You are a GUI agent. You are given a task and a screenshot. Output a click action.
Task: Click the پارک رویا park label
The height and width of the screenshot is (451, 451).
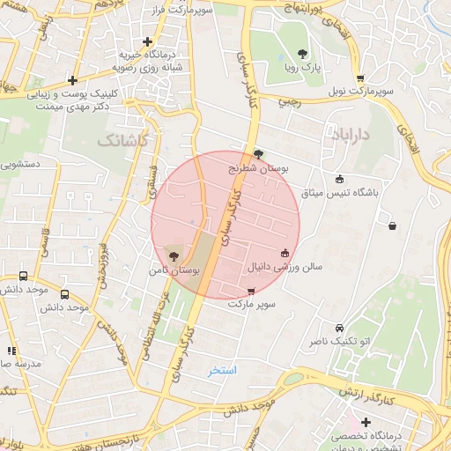306,66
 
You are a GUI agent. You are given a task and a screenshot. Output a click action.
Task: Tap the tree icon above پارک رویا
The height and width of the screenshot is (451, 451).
304,54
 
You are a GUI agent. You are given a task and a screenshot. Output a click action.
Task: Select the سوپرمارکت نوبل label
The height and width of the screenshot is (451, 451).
361,91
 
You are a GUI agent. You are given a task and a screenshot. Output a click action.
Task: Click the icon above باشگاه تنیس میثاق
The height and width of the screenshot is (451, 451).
340,179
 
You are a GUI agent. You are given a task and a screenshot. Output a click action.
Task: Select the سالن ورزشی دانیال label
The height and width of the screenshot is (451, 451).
284,265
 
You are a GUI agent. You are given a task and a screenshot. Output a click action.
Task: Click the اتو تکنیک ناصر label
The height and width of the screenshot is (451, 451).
339,341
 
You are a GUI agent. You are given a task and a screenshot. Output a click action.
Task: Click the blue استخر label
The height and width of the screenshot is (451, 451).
223,371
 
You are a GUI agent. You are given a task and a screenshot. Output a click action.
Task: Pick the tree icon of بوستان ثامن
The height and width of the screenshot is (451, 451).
173,256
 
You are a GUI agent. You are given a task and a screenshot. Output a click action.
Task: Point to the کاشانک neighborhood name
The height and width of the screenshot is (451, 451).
124,140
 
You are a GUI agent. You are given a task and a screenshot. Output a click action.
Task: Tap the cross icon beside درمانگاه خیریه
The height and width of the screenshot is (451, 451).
147,41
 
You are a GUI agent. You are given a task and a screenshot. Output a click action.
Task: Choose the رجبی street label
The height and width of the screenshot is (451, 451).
288,101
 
